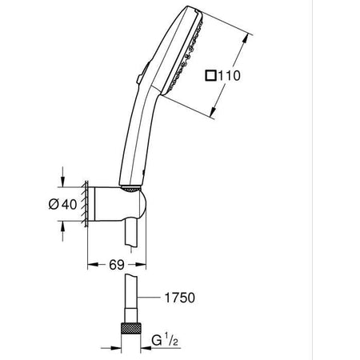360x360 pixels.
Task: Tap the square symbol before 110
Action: click(x=211, y=77)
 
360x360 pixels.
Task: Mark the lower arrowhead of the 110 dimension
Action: click(x=213, y=110)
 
